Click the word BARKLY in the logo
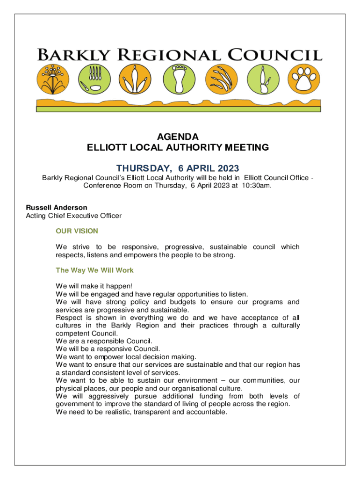(75, 55)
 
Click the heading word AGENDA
(178, 137)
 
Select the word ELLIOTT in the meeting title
(107, 148)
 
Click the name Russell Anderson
(57, 207)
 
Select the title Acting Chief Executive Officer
(73, 216)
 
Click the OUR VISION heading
(77, 231)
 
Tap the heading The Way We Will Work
(94, 270)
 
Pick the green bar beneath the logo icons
(178, 109)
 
